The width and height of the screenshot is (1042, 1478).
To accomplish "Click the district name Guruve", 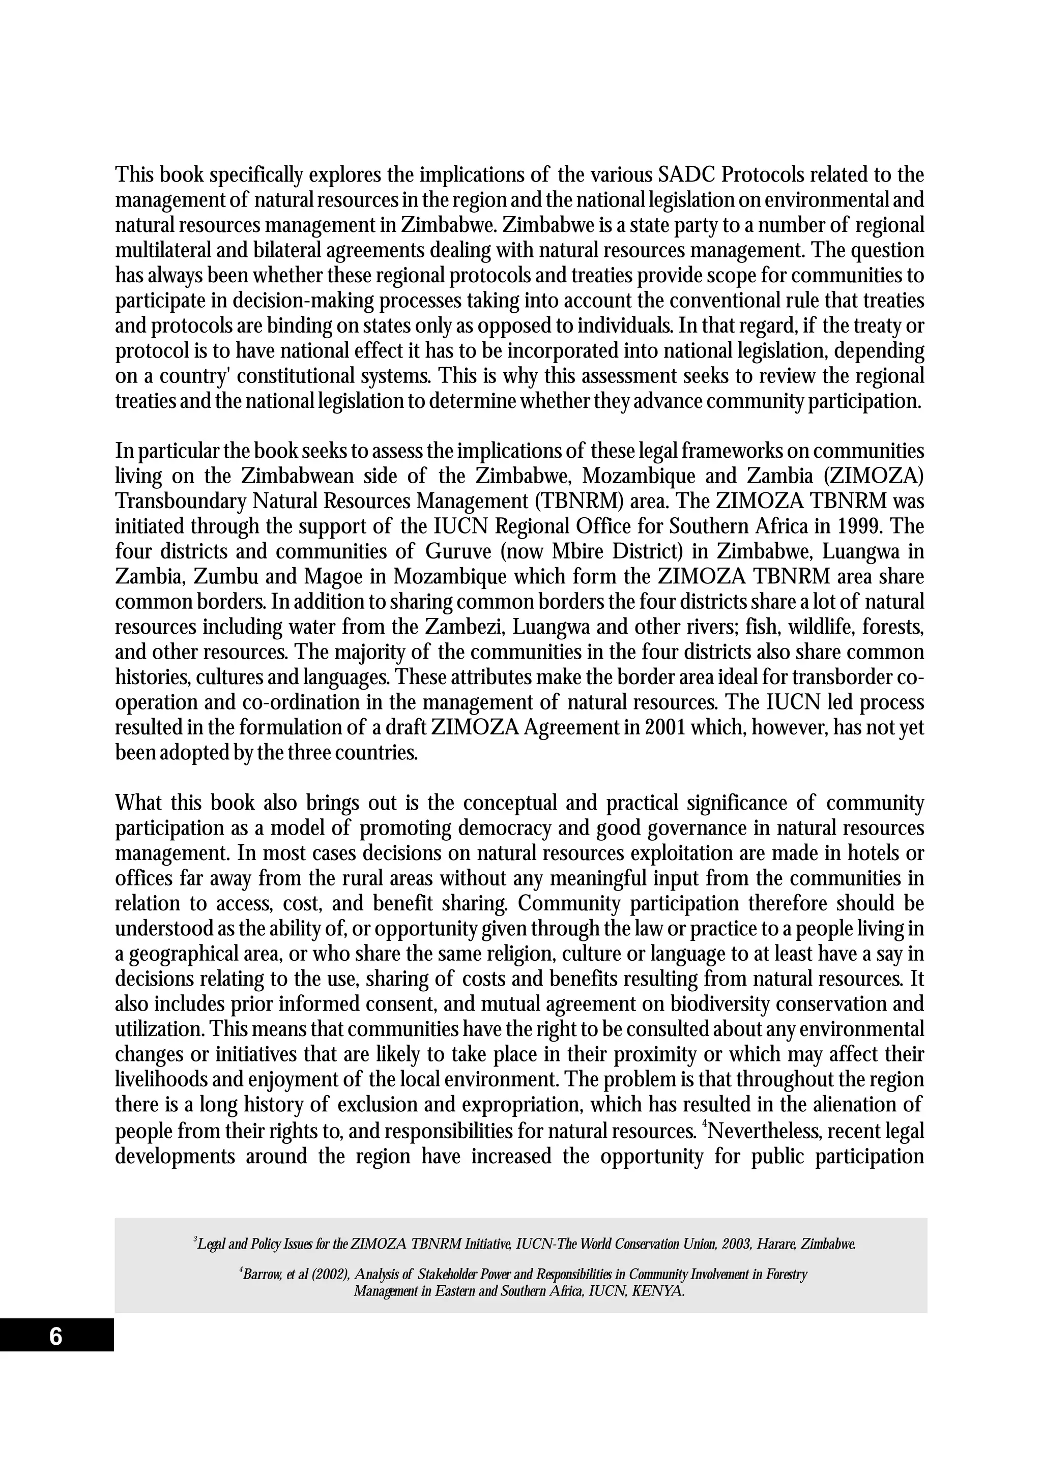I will (456, 552).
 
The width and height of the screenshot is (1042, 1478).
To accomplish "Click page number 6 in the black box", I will (56, 1338).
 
